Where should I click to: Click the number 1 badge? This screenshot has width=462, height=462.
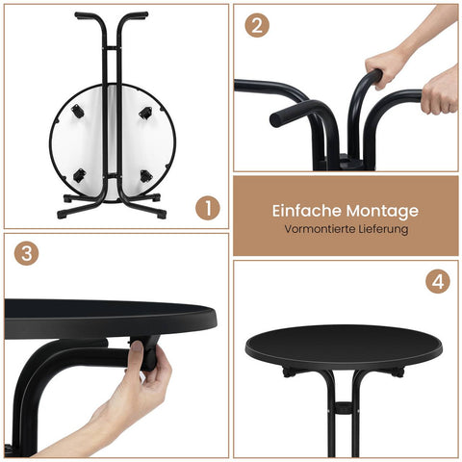click(x=207, y=206)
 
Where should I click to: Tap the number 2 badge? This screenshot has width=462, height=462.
click(x=255, y=26)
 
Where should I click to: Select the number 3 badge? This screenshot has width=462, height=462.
click(x=27, y=254)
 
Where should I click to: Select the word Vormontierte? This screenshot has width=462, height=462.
click(x=319, y=230)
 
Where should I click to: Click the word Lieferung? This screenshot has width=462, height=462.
click(x=382, y=230)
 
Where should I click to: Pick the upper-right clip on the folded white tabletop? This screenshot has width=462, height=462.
click(x=145, y=113)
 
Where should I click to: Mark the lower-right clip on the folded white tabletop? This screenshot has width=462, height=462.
click(x=145, y=175)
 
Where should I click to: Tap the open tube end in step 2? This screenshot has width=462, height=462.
click(x=279, y=117)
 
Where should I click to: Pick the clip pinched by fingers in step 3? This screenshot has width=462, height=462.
click(x=149, y=353)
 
